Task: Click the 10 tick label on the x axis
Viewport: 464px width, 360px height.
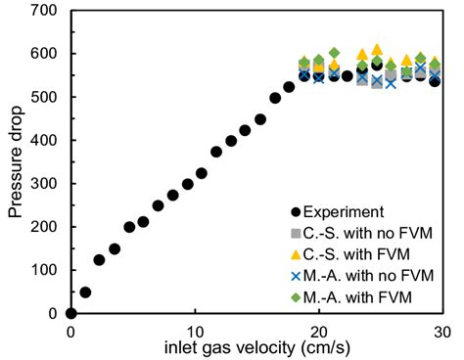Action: coord(196,330)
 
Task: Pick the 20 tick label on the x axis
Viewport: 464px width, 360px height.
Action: coord(320,330)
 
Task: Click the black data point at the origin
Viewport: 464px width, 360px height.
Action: coord(70,313)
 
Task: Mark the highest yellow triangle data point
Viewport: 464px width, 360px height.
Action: coord(377,49)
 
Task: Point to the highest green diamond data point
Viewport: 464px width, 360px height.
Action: coord(334,53)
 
